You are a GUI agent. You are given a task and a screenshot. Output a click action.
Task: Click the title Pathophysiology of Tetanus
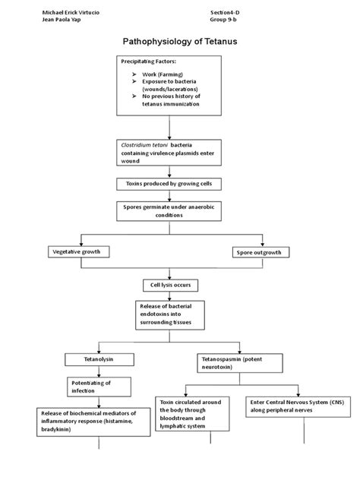coord(180,43)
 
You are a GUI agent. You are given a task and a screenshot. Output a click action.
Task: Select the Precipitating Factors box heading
coord(149,60)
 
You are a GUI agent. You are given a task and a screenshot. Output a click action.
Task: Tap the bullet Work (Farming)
coord(163,75)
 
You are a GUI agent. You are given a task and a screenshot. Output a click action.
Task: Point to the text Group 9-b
coord(225,21)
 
